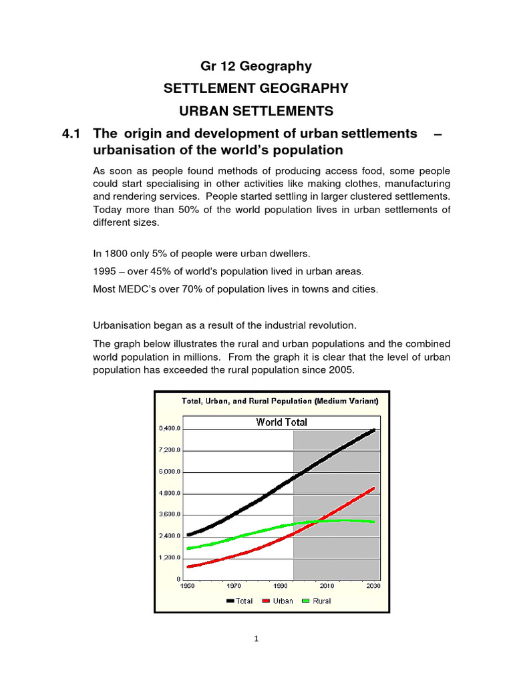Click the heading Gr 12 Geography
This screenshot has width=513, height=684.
coord(256,65)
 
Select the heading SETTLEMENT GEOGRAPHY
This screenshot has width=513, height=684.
coord(256,88)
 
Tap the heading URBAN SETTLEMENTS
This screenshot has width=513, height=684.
coord(256,110)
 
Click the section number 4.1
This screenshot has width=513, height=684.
coord(71,134)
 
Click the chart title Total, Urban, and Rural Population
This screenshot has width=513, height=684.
coord(280,401)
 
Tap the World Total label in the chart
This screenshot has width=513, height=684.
coord(282,422)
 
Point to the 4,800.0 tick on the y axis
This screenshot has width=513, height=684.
coord(169,494)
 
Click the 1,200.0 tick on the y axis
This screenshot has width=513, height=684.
coord(169,558)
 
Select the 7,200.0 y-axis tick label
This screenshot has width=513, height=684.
coord(169,450)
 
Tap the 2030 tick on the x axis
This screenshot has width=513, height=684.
coord(373,586)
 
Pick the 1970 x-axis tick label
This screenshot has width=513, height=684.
coord(234,586)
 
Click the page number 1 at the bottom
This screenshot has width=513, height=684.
coord(256,639)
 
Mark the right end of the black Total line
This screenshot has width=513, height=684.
coord(373,430)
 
